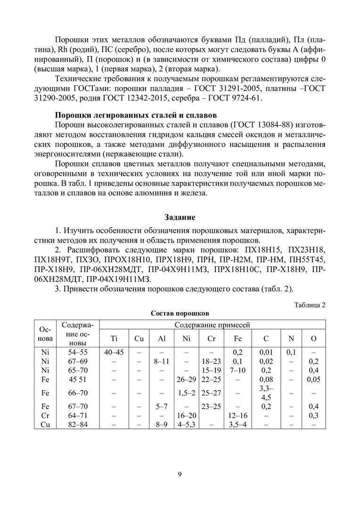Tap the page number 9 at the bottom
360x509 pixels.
(x=180, y=474)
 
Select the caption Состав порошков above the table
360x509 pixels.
(x=180, y=313)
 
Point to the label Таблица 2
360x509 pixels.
(x=310, y=304)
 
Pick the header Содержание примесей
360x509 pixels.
(x=213, y=325)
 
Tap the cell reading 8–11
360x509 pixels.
(x=161, y=360)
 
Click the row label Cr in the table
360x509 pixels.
(x=45, y=415)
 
